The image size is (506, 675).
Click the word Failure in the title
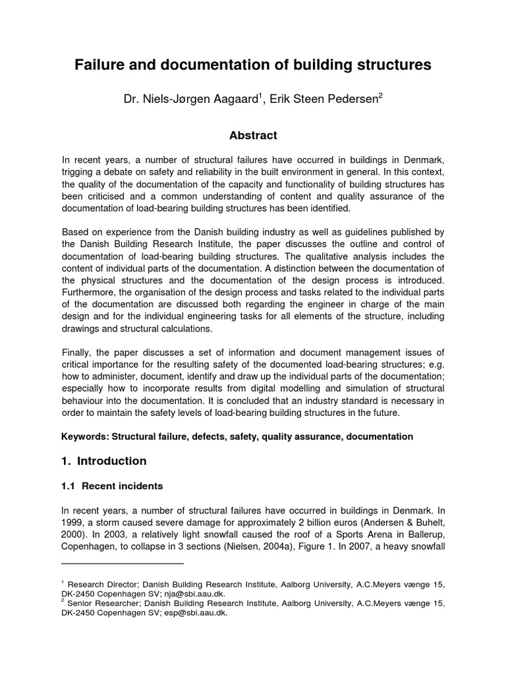(x=100, y=65)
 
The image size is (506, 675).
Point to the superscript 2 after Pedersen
(x=380, y=96)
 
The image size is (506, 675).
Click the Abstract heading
(x=253, y=136)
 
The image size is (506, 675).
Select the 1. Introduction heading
(x=103, y=461)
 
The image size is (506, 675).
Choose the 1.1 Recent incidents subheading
(x=112, y=486)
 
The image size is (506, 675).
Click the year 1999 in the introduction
(x=74, y=523)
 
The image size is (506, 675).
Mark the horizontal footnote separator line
(x=123, y=564)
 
